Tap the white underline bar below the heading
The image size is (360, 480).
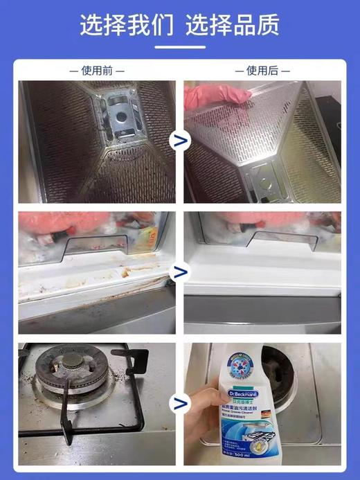(179, 47)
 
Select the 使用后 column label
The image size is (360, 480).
(262, 71)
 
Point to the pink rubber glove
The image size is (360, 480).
(211, 96)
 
